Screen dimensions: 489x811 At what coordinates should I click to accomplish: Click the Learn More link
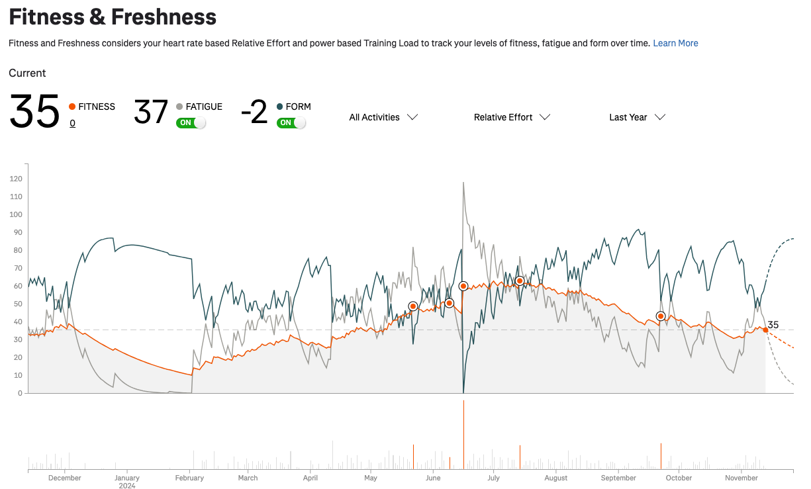click(x=675, y=43)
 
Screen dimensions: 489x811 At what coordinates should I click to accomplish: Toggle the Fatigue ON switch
click(x=191, y=122)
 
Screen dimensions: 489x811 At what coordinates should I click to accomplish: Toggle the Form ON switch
click(x=291, y=122)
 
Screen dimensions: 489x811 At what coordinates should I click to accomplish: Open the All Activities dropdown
click(x=383, y=117)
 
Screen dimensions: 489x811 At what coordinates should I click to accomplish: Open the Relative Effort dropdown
click(x=512, y=117)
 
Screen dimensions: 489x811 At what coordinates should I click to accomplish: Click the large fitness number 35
click(x=34, y=111)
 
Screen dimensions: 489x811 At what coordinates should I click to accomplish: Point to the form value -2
click(x=254, y=112)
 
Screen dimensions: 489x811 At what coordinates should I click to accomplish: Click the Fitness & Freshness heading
click(x=113, y=17)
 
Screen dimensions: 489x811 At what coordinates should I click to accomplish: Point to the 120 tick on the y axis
click(x=15, y=179)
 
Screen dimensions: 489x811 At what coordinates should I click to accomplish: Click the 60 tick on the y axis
click(x=17, y=286)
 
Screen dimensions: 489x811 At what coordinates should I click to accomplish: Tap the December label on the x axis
click(x=65, y=478)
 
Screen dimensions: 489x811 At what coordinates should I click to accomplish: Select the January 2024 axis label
click(x=126, y=481)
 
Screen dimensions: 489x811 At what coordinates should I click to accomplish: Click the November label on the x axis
click(x=741, y=478)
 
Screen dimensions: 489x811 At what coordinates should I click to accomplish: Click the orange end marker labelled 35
click(x=765, y=330)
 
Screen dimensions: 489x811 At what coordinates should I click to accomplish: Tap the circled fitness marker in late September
click(x=660, y=316)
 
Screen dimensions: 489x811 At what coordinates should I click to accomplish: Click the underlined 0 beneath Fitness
click(x=72, y=122)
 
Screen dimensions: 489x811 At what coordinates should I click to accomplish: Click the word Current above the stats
click(x=27, y=73)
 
